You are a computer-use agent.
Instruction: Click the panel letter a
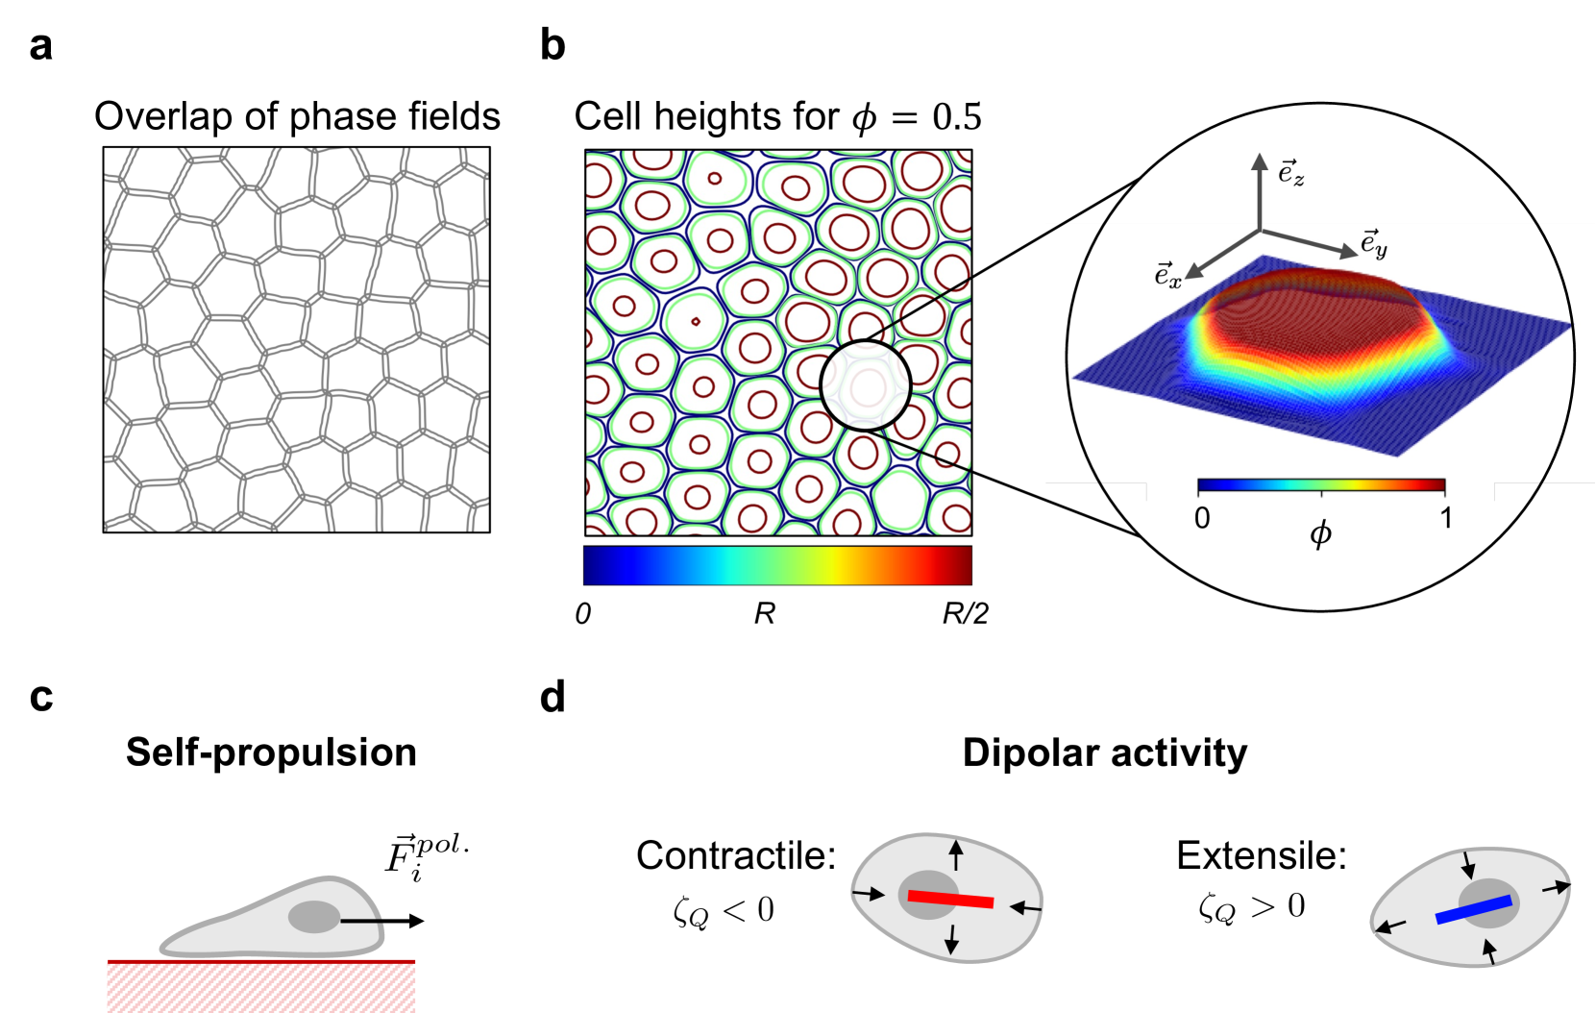tap(40, 46)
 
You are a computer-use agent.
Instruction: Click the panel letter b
tap(552, 45)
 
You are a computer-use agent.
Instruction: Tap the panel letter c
tap(40, 697)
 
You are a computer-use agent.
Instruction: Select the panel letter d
tap(552, 697)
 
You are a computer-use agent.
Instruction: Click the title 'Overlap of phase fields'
tap(297, 116)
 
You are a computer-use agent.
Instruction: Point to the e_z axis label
tap(1290, 173)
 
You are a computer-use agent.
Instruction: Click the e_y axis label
tap(1374, 243)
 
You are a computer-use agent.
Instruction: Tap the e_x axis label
tap(1167, 276)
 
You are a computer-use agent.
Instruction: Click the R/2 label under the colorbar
tap(965, 613)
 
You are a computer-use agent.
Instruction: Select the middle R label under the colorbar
tap(764, 613)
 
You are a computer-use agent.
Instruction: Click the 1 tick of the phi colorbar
tap(1445, 518)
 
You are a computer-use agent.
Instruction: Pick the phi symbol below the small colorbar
tap(1321, 533)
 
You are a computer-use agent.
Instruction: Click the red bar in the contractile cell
tap(950, 899)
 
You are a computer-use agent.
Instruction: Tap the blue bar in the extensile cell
tap(1473, 909)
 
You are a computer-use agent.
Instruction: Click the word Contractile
tap(736, 855)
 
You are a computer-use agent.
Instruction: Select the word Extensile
tap(1261, 855)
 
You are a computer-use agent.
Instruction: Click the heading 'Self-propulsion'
tap(271, 753)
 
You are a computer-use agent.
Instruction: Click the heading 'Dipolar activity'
tap(1104, 753)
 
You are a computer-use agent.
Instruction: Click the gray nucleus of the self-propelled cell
tap(314, 917)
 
